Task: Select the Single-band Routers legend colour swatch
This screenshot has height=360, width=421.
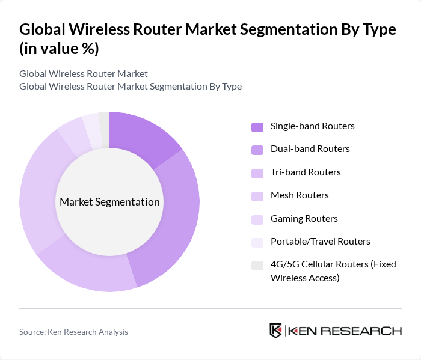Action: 257,127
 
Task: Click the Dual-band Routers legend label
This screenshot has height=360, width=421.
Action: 310,148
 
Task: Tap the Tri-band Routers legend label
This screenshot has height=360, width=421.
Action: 306,172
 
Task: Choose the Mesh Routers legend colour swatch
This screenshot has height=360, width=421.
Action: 257,196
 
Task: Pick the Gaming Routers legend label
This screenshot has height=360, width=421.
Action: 304,218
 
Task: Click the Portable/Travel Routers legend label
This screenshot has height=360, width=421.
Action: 320,241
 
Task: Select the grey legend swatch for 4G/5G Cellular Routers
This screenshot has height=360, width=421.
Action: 257,265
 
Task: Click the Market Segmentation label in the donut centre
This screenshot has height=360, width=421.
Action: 109,202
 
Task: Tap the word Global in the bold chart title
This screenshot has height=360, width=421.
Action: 42,30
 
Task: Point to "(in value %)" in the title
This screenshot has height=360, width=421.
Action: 59,49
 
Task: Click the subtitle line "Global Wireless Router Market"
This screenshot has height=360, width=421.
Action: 83,74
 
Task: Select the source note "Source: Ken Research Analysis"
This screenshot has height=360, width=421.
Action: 73,331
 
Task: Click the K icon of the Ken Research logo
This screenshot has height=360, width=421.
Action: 276,331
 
